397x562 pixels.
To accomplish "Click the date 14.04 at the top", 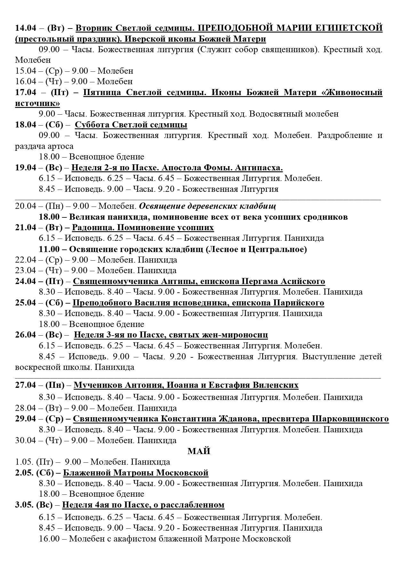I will (26, 28).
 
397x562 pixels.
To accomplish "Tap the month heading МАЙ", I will (199, 451).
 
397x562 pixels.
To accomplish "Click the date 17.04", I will (26, 93).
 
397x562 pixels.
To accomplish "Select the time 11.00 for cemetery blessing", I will (49, 249).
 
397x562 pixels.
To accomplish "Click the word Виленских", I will (274, 385).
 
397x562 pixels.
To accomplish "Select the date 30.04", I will (25, 440).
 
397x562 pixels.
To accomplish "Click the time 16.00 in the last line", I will (49, 539).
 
